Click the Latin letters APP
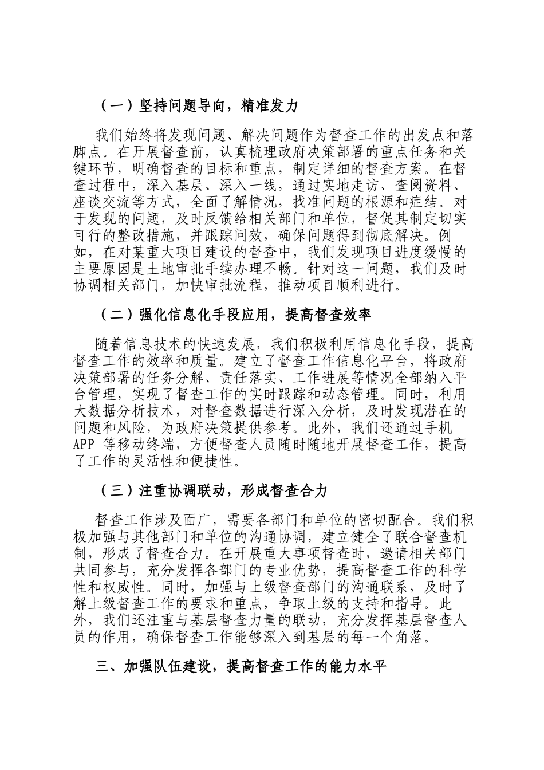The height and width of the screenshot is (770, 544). (x=86, y=445)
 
